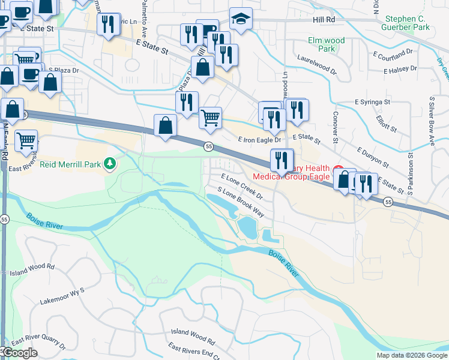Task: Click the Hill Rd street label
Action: point(324,19)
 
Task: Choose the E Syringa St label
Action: point(372,103)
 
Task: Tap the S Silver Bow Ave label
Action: point(431,121)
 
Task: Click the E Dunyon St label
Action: point(372,157)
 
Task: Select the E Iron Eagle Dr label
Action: point(259,139)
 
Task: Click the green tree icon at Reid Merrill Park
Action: point(109,163)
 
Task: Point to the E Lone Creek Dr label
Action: point(243,186)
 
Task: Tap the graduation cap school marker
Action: point(241,19)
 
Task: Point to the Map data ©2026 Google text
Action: point(412,355)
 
